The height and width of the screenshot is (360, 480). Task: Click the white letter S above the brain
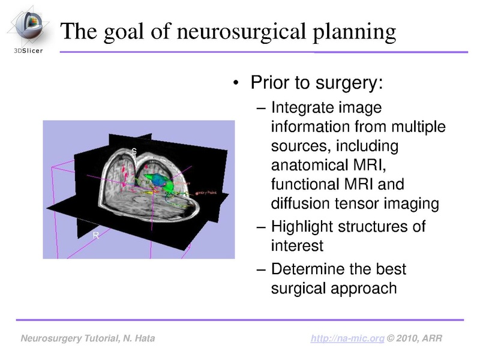[x=134, y=151]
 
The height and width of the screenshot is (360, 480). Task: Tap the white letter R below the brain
[x=95, y=236]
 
